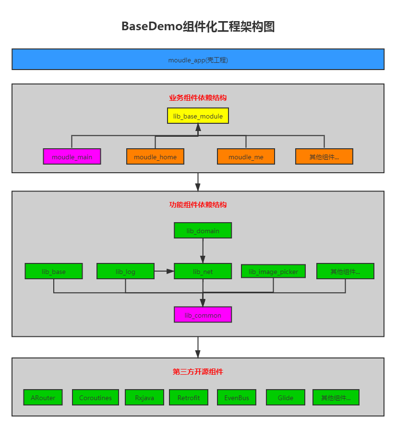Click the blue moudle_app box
point(198,59)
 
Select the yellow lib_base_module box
point(198,116)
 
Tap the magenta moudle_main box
point(72,156)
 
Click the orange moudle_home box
point(155,156)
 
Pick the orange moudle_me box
point(246,156)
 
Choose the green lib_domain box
point(203,230)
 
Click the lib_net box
point(203,271)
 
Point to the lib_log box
point(125,271)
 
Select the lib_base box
point(54,271)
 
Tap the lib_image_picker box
point(273,272)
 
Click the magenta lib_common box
point(203,315)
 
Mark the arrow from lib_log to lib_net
point(164,271)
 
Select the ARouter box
point(43,397)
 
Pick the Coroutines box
point(96,397)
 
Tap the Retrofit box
point(188,397)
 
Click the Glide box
point(286,397)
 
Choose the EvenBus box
point(237,397)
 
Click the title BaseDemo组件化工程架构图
point(198,26)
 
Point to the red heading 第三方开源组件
point(198,371)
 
